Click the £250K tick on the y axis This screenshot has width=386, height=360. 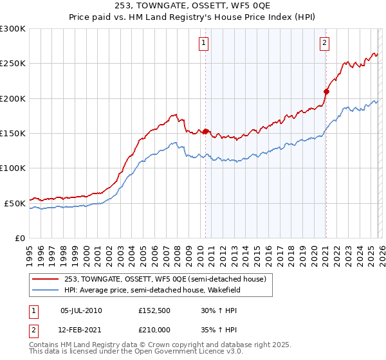(13, 64)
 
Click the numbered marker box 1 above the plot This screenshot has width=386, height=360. (203, 43)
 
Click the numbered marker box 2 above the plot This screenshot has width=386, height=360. (324, 43)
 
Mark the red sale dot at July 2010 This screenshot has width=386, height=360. (206, 132)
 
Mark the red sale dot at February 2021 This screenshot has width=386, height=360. (326, 91)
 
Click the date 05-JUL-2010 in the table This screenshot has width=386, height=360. (81, 310)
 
